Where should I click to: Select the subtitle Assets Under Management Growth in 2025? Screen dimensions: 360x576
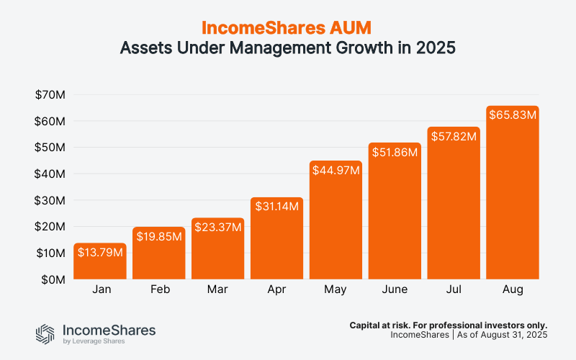pos(288,50)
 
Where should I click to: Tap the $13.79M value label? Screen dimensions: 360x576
pos(100,253)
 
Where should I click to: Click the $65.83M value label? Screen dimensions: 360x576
pos(513,115)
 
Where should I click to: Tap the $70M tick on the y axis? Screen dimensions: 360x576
pos(50,94)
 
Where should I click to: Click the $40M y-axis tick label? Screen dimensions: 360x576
pos(50,174)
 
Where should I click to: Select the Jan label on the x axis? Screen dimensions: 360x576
pos(100,290)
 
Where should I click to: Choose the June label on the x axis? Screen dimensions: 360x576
pos(395,290)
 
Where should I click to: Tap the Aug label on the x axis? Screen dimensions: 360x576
pos(513,290)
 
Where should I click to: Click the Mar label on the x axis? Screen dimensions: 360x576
pos(218,290)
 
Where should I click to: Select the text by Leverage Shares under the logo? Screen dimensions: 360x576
pos(92,342)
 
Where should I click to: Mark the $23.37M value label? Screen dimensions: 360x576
pos(218,227)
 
